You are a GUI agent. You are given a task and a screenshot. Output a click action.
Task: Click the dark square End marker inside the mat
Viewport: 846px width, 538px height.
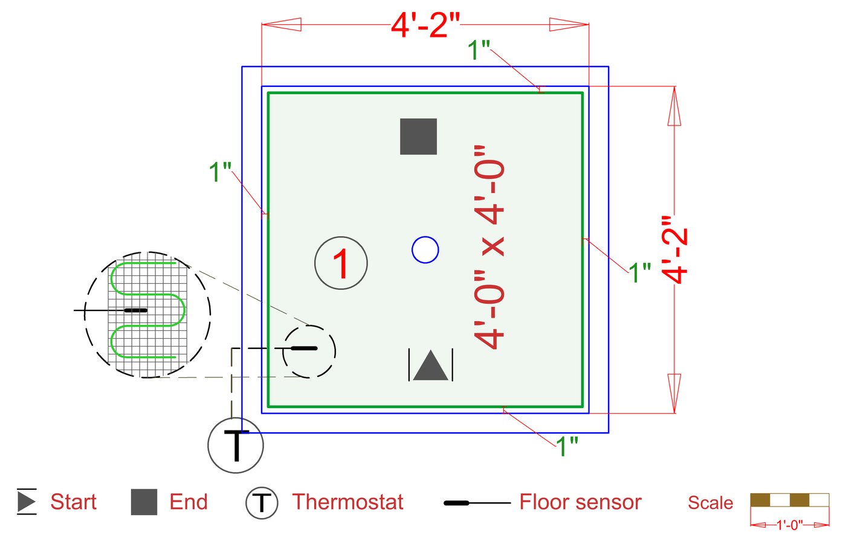click(x=418, y=136)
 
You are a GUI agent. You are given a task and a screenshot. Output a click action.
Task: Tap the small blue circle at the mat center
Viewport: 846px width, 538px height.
click(x=425, y=249)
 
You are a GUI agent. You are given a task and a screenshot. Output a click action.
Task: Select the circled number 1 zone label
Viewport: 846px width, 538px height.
click(x=341, y=263)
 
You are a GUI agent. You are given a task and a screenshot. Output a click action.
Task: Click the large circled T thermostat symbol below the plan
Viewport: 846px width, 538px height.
click(x=236, y=446)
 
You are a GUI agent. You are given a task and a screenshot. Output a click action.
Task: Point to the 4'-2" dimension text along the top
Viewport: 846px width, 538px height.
click(x=425, y=26)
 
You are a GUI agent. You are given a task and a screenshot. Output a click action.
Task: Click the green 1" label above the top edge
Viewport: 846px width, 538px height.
click(x=479, y=50)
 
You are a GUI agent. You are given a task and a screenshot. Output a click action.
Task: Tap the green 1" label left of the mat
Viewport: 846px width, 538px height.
click(x=221, y=172)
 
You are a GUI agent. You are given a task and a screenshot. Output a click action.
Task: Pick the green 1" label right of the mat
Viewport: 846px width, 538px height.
click(x=640, y=272)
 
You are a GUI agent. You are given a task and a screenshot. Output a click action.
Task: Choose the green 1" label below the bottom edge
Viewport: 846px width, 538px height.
click(x=567, y=447)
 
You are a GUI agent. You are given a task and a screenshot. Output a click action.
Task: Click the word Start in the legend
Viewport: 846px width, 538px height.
click(x=73, y=502)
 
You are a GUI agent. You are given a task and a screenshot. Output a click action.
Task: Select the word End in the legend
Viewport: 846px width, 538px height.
click(x=189, y=502)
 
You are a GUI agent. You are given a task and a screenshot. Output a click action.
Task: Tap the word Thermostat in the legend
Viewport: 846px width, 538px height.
click(x=347, y=502)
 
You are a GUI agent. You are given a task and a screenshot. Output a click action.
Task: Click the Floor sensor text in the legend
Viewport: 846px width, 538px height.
click(x=580, y=502)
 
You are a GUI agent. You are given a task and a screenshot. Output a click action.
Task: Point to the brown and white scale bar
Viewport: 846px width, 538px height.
click(x=789, y=500)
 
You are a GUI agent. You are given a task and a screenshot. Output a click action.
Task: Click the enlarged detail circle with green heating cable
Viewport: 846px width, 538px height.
click(x=148, y=315)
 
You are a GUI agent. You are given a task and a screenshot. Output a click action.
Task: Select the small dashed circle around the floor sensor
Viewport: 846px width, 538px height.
click(x=309, y=351)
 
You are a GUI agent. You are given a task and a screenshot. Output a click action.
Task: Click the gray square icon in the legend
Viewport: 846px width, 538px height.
click(x=144, y=502)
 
